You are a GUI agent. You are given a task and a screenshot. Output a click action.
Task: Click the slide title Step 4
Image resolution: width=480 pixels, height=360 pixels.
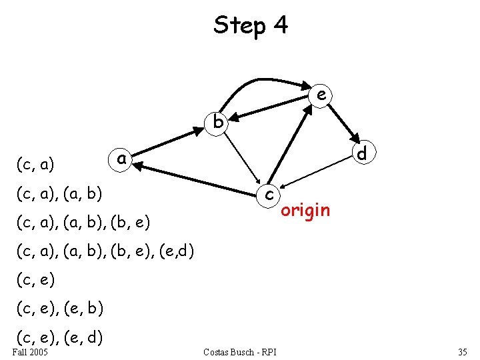click(251, 25)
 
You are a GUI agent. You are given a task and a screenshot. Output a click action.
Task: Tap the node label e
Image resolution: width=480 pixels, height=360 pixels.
click(321, 96)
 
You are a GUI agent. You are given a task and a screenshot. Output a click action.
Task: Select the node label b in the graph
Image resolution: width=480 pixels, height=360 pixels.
click(217, 122)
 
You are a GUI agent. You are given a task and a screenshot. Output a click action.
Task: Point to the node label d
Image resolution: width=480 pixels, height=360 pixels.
click(362, 153)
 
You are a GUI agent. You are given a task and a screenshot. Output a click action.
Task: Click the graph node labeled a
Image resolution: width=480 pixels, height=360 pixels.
click(121, 159)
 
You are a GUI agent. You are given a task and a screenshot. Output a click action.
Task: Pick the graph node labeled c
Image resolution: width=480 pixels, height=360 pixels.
click(268, 194)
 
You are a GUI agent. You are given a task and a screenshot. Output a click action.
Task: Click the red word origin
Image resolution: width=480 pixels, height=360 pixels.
click(305, 211)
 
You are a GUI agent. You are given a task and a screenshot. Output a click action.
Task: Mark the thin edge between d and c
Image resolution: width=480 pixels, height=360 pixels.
click(317, 173)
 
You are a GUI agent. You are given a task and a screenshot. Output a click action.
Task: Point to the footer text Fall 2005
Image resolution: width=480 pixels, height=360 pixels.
click(29, 351)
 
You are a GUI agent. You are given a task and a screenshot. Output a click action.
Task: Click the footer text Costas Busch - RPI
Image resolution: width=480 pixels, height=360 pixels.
click(240, 351)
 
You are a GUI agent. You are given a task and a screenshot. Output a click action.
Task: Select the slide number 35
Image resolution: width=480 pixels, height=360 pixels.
click(462, 351)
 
